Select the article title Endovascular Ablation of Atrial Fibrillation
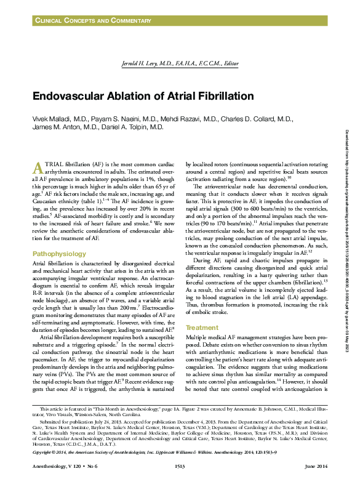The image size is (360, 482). point(143,97)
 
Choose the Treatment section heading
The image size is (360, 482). point(202,327)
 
